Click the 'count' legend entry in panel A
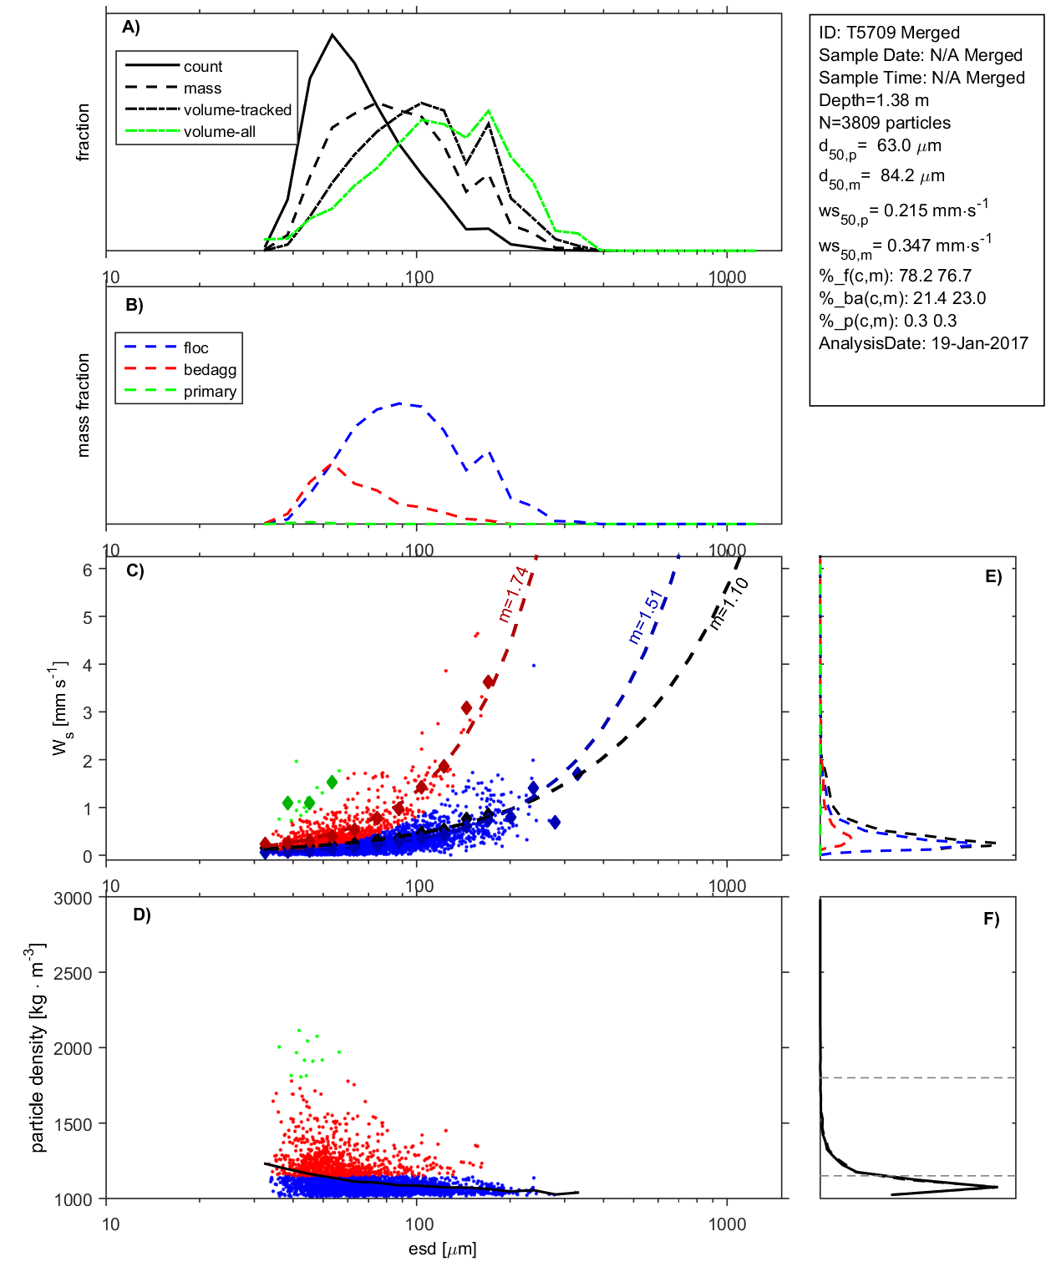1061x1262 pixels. click(202, 67)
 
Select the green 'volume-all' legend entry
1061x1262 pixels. click(219, 132)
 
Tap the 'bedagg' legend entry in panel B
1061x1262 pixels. click(210, 370)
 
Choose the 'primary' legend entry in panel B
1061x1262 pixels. click(210, 392)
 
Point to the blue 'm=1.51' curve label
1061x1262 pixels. click(645, 616)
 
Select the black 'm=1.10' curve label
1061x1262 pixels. click(728, 603)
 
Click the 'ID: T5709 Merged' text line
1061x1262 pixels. click(889, 33)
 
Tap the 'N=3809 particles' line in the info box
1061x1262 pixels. click(884, 123)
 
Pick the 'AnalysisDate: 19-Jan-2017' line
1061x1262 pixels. click(923, 343)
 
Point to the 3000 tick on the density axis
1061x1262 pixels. click(73, 899)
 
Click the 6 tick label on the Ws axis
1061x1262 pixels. click(87, 570)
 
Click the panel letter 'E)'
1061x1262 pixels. click(992, 576)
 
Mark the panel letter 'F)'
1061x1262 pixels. click(991, 919)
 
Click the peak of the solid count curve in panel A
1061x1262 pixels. click(333, 35)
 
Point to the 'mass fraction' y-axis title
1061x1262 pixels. click(83, 405)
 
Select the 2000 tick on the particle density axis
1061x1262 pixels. click(73, 1049)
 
